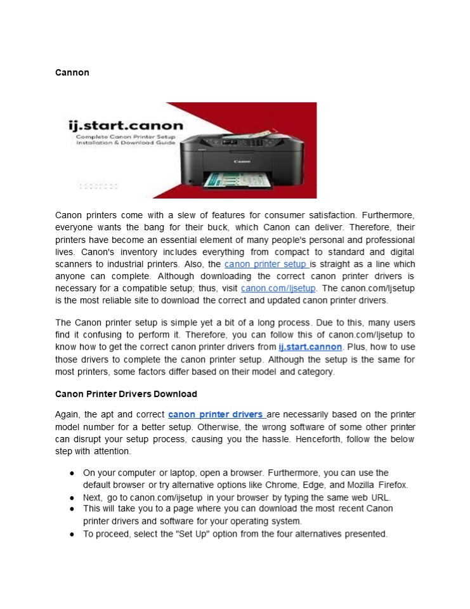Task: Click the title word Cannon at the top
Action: click(72, 72)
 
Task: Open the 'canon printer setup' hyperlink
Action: click(266, 264)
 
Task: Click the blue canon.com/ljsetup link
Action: click(278, 288)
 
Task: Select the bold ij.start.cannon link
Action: click(310, 348)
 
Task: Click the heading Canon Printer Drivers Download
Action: click(126, 394)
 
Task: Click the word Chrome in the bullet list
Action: click(281, 485)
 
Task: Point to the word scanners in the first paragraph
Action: click(75, 264)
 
